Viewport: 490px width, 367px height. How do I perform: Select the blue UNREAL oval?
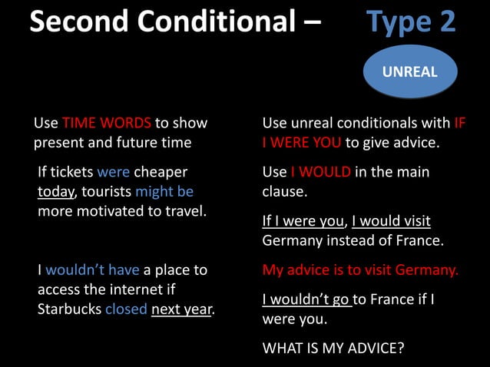pyautogui.click(x=410, y=72)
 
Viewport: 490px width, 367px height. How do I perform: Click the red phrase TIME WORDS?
pyautogui.click(x=107, y=123)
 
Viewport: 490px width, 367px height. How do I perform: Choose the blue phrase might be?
pyautogui.click(x=164, y=190)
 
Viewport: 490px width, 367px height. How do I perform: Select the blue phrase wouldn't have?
pyautogui.click(x=93, y=269)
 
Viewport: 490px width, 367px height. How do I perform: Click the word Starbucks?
pyautogui.click(x=69, y=309)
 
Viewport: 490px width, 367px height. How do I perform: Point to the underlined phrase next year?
pyautogui.click(x=182, y=309)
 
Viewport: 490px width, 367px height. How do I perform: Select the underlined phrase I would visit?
pyautogui.click(x=391, y=221)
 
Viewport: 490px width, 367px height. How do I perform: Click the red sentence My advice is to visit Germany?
pyautogui.click(x=360, y=269)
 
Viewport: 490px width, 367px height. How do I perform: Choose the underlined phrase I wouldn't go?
pyautogui.click(x=306, y=299)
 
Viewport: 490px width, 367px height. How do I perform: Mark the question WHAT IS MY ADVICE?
pyautogui.click(x=333, y=348)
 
